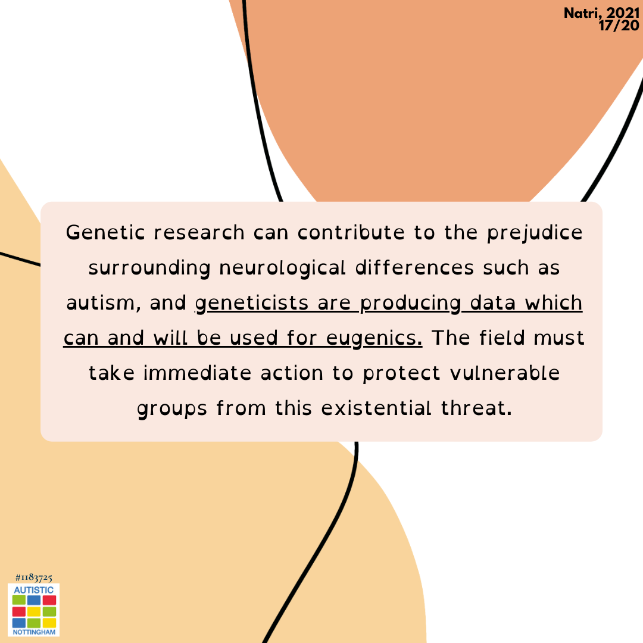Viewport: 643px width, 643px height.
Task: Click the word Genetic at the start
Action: click(105, 233)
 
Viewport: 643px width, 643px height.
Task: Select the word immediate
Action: click(197, 373)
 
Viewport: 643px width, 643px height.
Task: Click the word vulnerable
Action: click(505, 373)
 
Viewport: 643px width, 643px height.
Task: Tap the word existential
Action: click(376, 408)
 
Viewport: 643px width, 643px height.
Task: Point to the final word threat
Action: click(476, 408)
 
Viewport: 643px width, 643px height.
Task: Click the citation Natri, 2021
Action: click(601, 14)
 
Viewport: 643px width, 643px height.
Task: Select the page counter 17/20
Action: click(619, 26)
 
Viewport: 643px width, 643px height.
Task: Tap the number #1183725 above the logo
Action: click(33, 578)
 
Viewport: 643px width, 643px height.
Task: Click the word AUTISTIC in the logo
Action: click(33, 589)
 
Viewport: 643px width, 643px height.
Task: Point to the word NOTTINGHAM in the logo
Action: click(34, 632)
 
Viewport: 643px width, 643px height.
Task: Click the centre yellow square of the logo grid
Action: click(34, 611)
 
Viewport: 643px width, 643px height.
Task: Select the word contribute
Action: click(351, 233)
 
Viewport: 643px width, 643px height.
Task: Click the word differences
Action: click(414, 268)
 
